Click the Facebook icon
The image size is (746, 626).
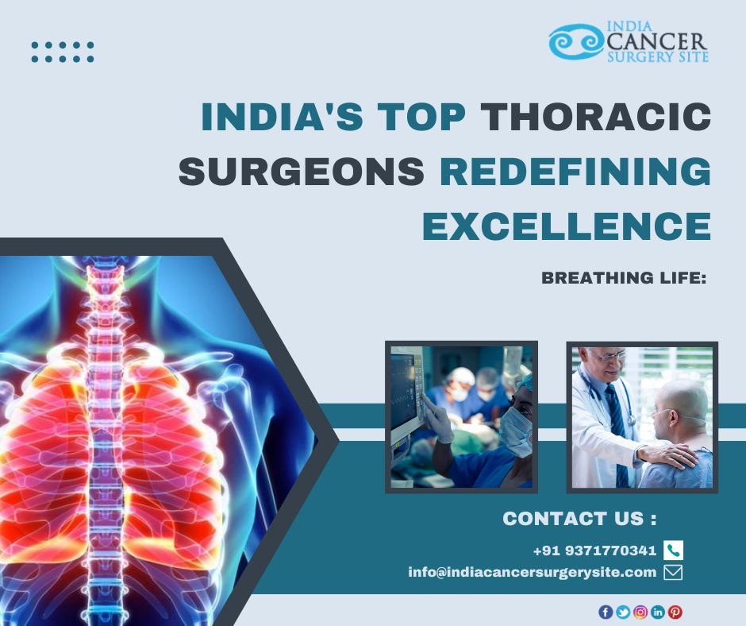tap(606, 612)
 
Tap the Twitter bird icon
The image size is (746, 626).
tap(623, 612)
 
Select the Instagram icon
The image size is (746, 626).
tap(640, 612)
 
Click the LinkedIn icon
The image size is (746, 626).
tap(657, 612)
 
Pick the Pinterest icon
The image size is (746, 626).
tap(675, 612)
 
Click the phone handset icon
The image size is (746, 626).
tap(673, 551)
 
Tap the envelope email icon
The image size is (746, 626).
tap(673, 572)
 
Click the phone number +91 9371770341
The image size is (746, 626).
tap(594, 551)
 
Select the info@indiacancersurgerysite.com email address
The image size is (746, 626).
tap(533, 572)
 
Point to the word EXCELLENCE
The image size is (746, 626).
tap(567, 226)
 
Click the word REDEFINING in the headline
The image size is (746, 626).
tap(575, 171)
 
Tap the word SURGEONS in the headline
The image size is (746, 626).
tap(302, 171)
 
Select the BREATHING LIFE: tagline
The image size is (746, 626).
tap(623, 278)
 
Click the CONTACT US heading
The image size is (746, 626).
tap(579, 518)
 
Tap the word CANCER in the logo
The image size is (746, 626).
tap(657, 42)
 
